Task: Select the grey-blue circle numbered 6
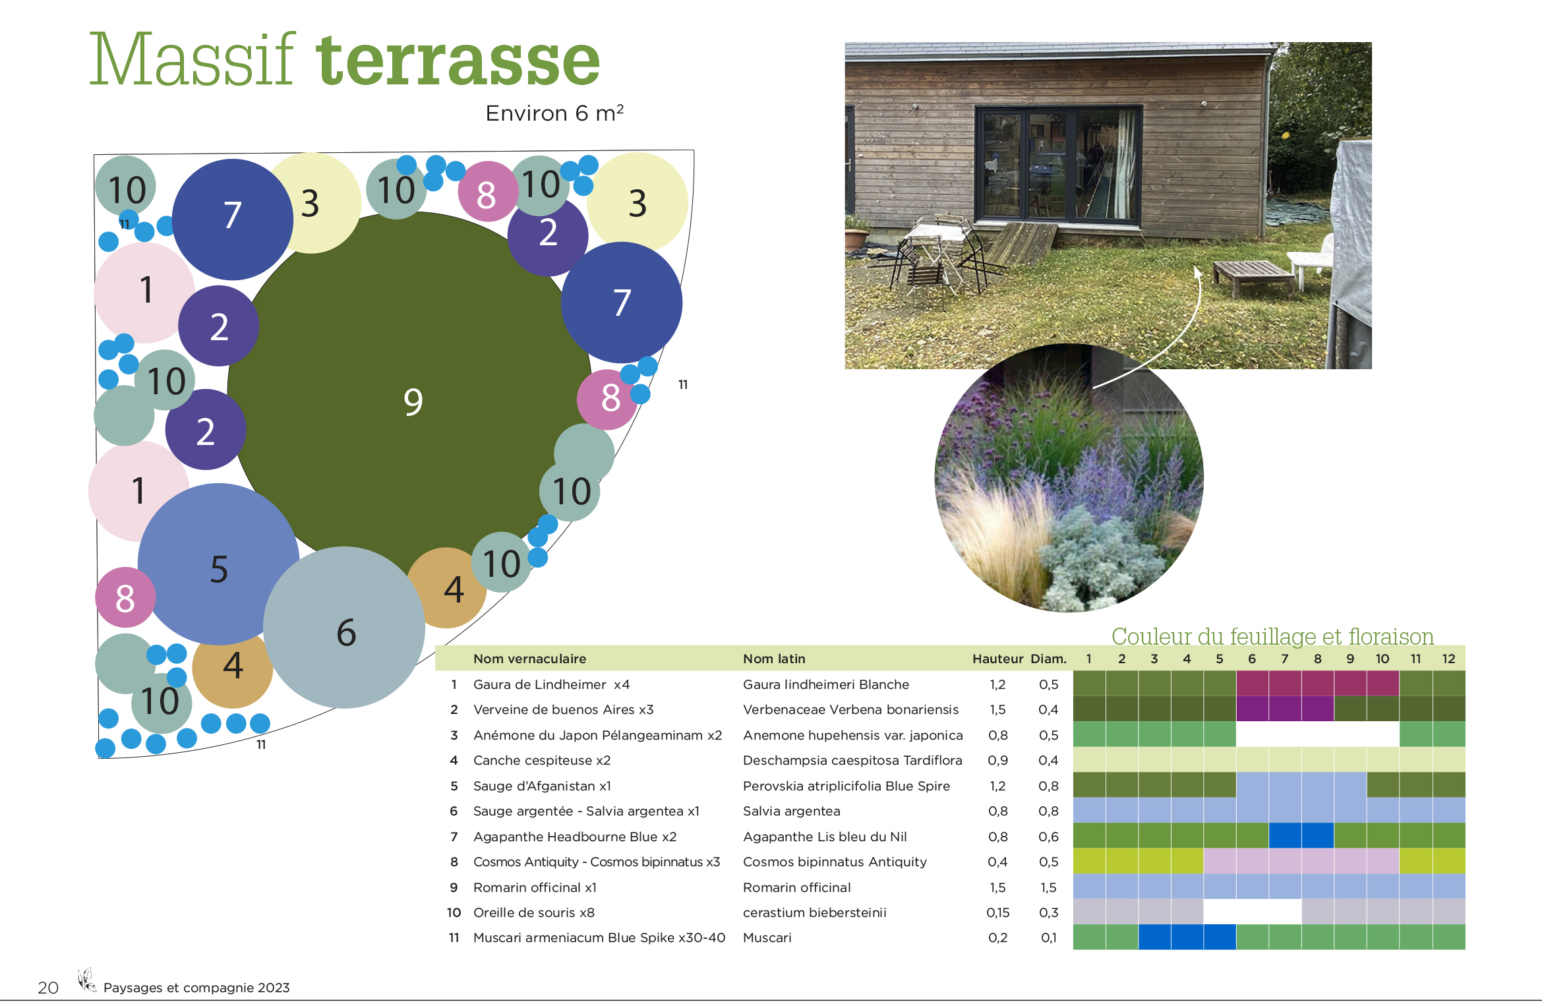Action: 345,632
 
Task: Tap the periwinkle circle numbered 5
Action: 218,568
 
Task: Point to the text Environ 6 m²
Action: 554,113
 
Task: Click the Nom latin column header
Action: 774,659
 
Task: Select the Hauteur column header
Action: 997,659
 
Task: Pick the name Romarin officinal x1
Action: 534,887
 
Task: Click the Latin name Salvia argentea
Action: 791,812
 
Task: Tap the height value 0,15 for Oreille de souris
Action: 997,913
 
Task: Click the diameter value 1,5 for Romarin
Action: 1048,887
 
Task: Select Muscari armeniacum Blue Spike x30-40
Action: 599,938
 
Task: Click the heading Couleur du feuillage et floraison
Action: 1272,636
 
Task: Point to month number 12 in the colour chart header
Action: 1448,659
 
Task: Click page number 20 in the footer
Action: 48,988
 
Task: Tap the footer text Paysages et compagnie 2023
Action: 196,988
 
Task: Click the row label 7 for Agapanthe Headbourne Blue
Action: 454,837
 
